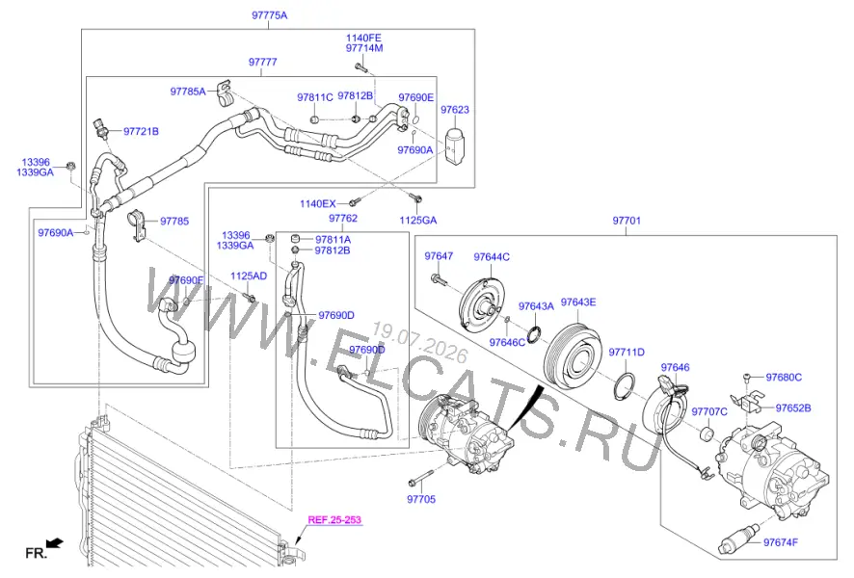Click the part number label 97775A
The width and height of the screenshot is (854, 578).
(269, 15)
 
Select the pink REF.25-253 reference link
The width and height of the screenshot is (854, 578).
(334, 520)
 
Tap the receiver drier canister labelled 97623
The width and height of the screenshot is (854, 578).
(456, 144)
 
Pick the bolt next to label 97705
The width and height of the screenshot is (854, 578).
(419, 478)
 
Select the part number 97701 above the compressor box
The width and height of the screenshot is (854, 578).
(627, 221)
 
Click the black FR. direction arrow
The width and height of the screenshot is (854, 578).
(55, 542)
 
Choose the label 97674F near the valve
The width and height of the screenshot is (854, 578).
(781, 542)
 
